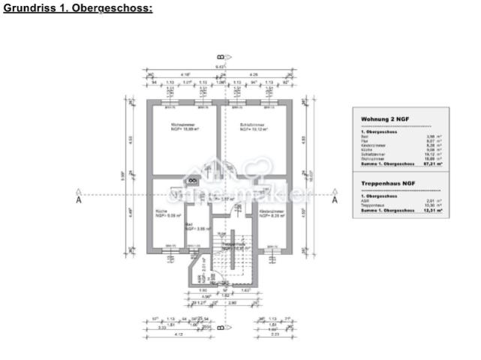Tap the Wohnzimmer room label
(x=163, y=126)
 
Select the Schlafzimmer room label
(x=253, y=126)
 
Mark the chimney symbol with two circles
(x=191, y=181)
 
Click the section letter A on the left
(x=79, y=200)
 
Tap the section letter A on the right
(x=335, y=200)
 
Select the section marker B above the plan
(x=220, y=57)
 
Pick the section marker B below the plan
(x=220, y=328)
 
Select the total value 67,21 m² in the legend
(x=431, y=163)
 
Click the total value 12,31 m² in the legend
(x=431, y=211)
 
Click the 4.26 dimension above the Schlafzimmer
(x=254, y=74)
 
